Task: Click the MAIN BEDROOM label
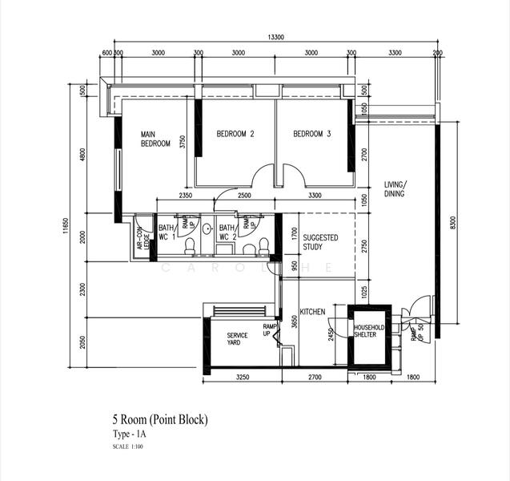[x=155, y=139]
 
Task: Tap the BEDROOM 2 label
[x=235, y=134]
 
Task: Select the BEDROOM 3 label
[x=311, y=134]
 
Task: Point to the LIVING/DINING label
[x=394, y=188]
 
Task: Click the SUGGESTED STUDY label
[x=320, y=243]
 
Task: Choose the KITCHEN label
[x=311, y=311]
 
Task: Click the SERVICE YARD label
[x=238, y=339]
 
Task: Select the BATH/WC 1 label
[x=167, y=232]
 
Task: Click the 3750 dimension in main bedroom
[x=183, y=142]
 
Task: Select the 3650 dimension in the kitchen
[x=295, y=321]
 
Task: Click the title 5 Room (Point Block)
[x=160, y=418]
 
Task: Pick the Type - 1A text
[x=130, y=434]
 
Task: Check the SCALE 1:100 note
[x=128, y=446]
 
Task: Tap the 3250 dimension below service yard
[x=243, y=377]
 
